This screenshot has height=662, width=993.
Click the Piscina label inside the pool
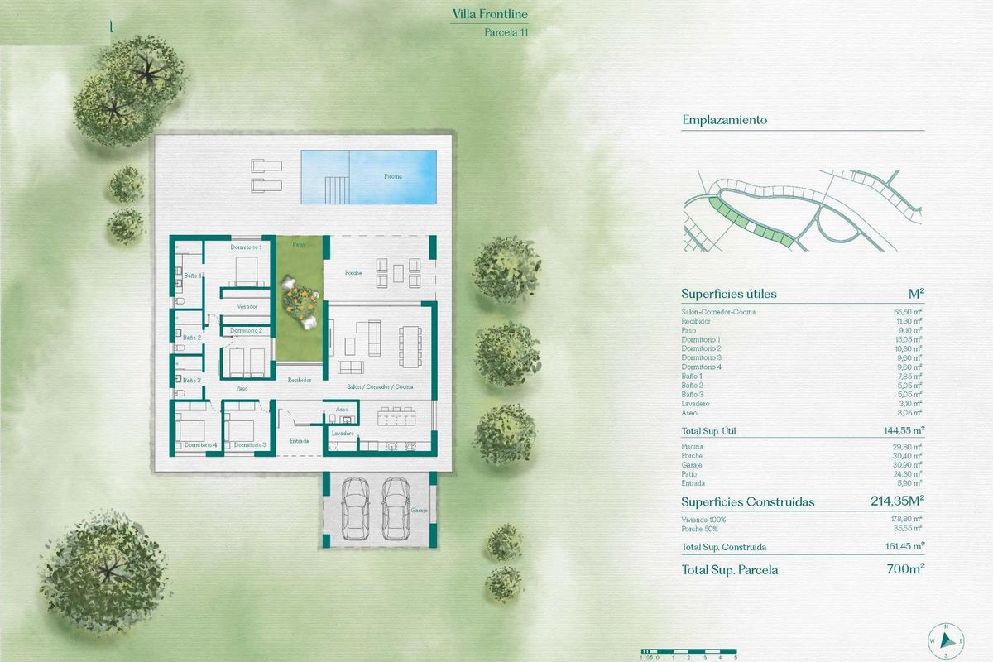[x=393, y=176]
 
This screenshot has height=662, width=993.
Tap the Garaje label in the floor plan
[x=417, y=511]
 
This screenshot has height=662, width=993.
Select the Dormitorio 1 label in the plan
[x=246, y=247]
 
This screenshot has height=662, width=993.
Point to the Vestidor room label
[x=247, y=306]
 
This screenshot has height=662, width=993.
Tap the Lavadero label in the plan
[x=343, y=433]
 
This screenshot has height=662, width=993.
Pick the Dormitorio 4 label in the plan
[x=201, y=445]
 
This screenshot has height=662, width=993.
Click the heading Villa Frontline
[x=489, y=14]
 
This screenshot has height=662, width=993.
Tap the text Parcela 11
[x=506, y=33]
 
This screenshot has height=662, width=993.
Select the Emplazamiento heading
[x=724, y=120]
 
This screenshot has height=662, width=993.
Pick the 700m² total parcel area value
[x=904, y=569]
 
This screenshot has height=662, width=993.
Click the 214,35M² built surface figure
[x=896, y=501]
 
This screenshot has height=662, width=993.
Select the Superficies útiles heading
[x=728, y=294]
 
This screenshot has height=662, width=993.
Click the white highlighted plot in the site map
[x=751, y=226]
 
